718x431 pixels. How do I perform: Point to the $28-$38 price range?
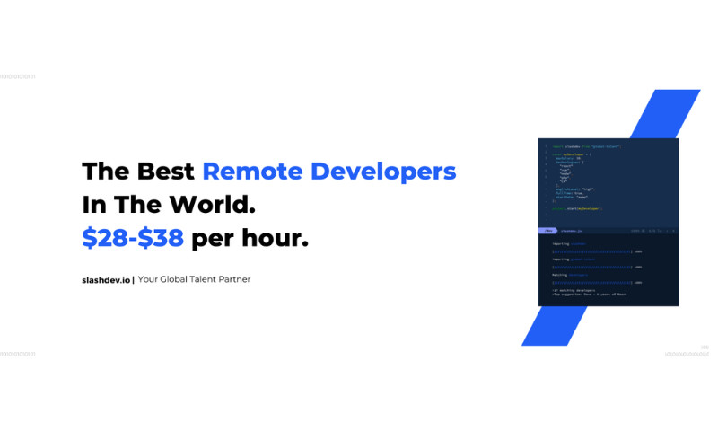click(x=133, y=237)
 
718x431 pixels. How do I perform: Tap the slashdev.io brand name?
click(x=106, y=279)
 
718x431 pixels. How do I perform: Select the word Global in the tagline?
click(x=179, y=279)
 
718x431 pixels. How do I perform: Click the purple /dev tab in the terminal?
click(x=547, y=231)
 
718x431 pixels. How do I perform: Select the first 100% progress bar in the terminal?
click(x=591, y=252)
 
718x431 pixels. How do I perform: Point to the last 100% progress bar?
click(x=591, y=282)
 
